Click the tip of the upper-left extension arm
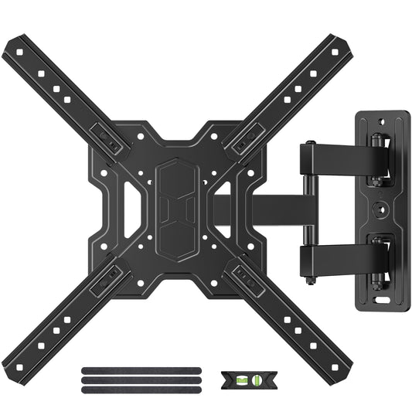coord(13,46)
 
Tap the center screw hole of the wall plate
coord(380,209)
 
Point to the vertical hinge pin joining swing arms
coord(308,205)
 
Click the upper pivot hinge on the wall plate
coord(376,158)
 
